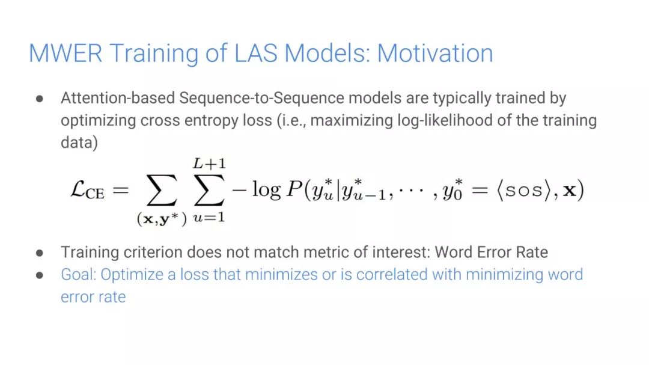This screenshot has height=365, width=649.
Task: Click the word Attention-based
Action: [118, 98]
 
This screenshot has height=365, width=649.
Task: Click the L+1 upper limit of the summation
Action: [210, 164]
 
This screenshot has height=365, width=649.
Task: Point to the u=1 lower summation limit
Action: [209, 216]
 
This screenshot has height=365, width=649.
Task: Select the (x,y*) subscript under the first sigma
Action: [162, 218]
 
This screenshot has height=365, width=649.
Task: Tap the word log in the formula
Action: [267, 190]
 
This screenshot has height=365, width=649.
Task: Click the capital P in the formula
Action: [294, 189]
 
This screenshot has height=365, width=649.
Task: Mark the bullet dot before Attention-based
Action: [40, 99]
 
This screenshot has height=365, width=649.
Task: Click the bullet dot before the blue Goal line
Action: [40, 275]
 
